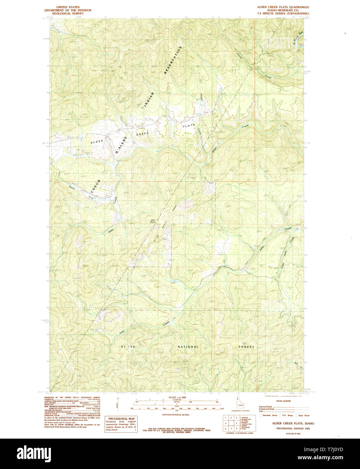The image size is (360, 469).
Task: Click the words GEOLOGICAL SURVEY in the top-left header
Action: coord(68,13)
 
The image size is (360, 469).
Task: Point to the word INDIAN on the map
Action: coord(149,100)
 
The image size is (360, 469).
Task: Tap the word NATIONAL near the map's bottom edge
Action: coord(188,347)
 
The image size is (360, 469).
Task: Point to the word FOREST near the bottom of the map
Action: coord(246,347)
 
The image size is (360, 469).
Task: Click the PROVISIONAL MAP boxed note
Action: coord(121,424)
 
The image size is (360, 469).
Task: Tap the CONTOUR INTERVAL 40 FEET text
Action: coord(175,414)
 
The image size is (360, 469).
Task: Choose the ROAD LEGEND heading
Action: coord(283,401)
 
